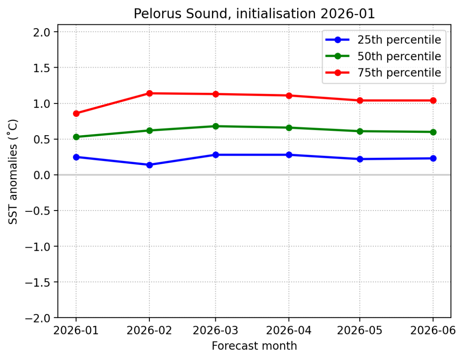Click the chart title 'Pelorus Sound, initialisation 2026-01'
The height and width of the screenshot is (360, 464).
click(254, 14)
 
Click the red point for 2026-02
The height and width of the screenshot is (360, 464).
click(149, 93)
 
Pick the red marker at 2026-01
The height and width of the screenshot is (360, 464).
click(76, 113)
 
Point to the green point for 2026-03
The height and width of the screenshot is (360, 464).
click(215, 126)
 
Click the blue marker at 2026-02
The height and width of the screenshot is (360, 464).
click(149, 165)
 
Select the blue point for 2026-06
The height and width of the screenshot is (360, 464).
click(433, 158)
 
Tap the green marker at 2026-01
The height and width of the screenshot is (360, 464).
click(76, 137)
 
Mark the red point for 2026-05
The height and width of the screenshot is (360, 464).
click(360, 101)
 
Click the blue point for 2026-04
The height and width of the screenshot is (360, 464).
click(289, 155)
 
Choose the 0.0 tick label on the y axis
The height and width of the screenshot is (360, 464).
click(44, 175)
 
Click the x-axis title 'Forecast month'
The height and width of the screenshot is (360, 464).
click(254, 346)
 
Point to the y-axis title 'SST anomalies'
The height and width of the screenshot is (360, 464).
click(13, 171)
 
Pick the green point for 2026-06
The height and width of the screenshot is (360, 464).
click(433, 132)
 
